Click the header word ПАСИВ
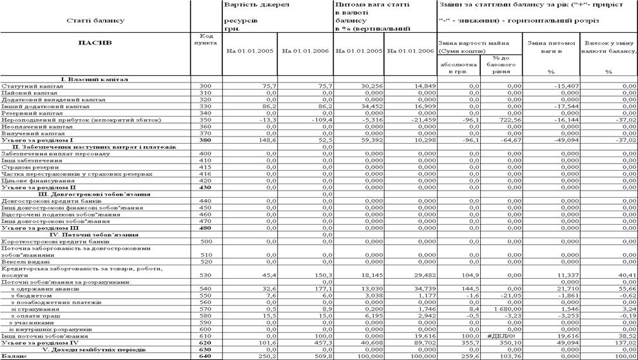95,43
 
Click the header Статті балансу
95,21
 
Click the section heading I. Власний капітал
95,79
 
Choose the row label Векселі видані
25,262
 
